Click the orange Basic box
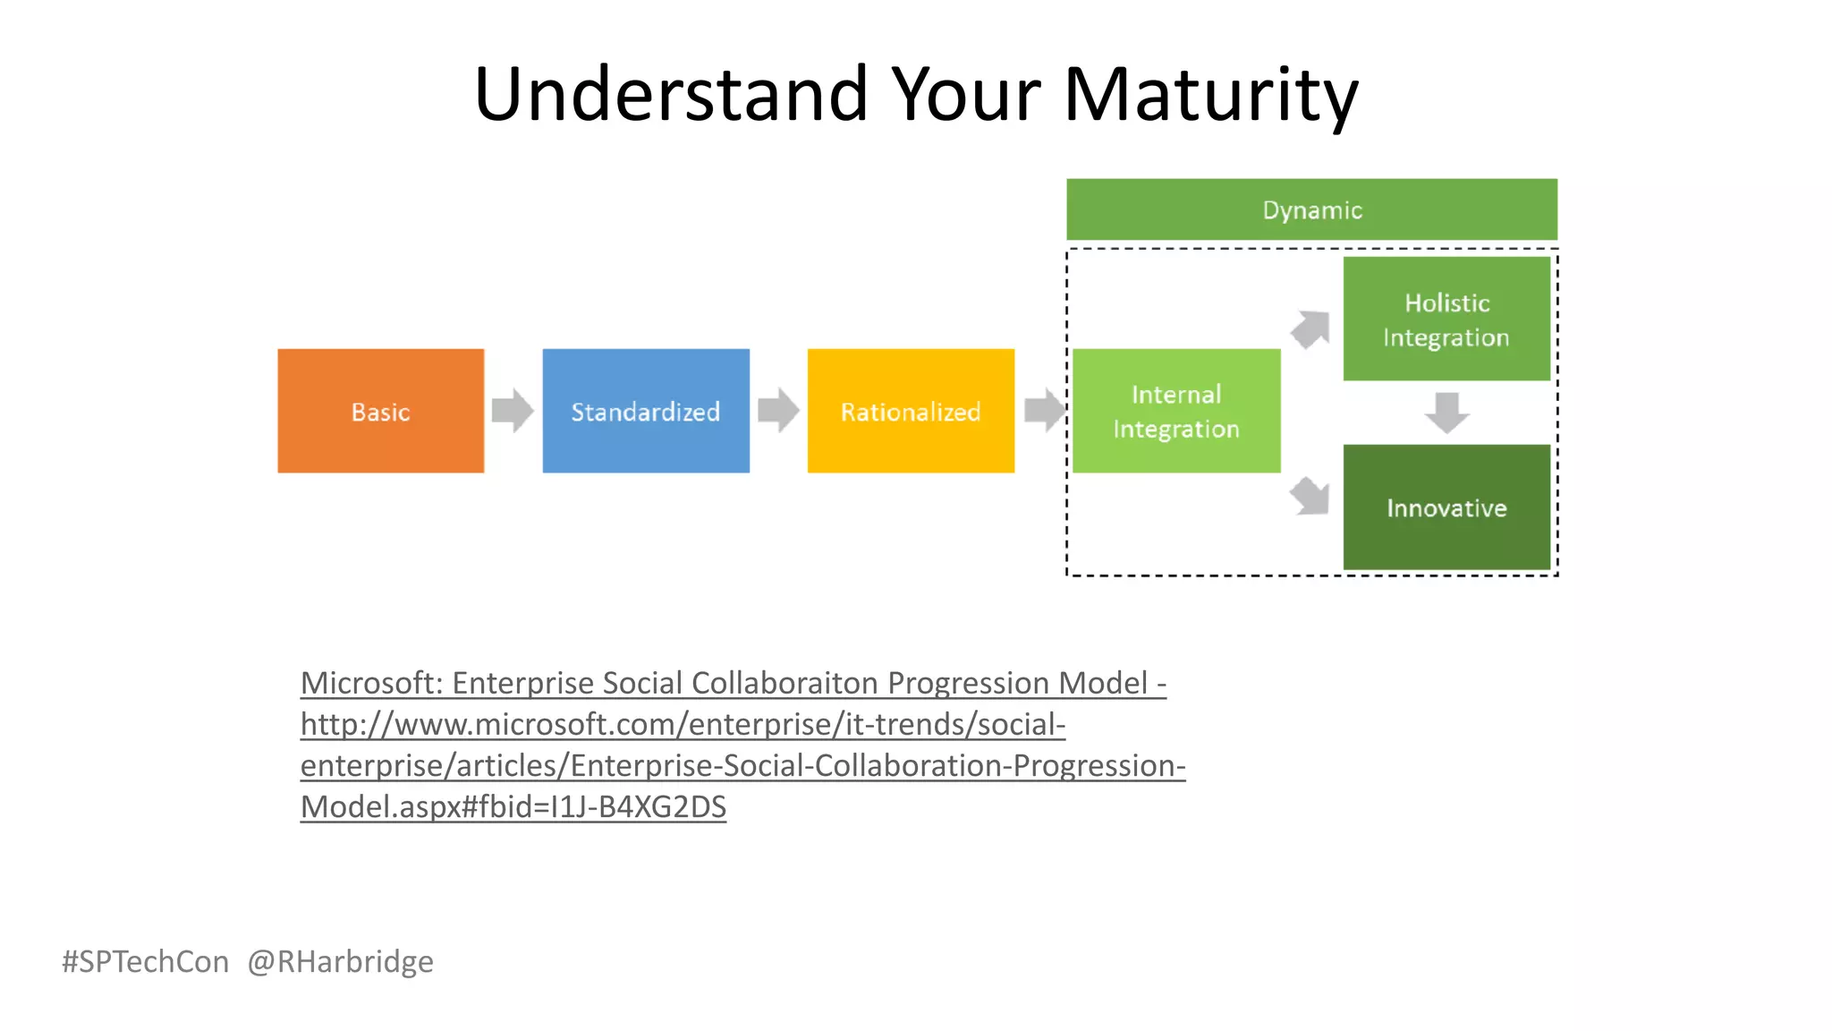[380, 411]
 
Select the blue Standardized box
[645, 411]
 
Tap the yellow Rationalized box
[910, 411]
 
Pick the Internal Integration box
[1175, 411]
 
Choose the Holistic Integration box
[1446, 319]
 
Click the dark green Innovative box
[1446, 507]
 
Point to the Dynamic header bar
[1311, 209]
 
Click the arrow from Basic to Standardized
[513, 411]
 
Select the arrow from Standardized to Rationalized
[777, 411]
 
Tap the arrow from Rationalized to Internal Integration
[1043, 411]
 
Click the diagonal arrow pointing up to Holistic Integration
[1310, 328]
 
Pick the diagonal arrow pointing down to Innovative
[1310, 495]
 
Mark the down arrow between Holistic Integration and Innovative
[1446, 413]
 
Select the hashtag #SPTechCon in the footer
[145, 961]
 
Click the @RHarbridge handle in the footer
[340, 961]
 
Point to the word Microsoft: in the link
[371, 683]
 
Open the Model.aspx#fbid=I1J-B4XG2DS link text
[513, 807]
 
